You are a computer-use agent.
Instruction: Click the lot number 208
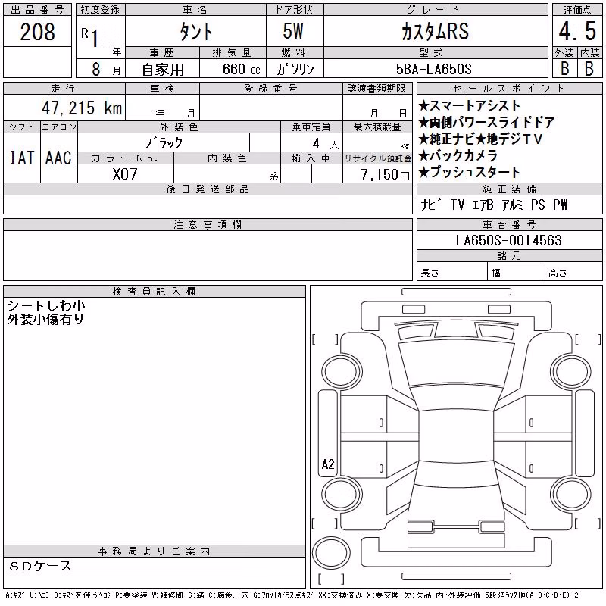tap(37, 32)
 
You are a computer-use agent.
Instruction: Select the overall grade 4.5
tap(577, 31)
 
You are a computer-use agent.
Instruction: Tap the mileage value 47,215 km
tap(82, 108)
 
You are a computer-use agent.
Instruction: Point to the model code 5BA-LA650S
tap(433, 69)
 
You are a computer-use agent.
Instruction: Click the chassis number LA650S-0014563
tap(508, 240)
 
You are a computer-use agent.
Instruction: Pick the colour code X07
tap(125, 174)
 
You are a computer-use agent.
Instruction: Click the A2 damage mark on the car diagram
tap(328, 464)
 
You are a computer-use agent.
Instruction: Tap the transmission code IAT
tap(22, 158)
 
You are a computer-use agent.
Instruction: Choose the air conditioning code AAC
tap(58, 158)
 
